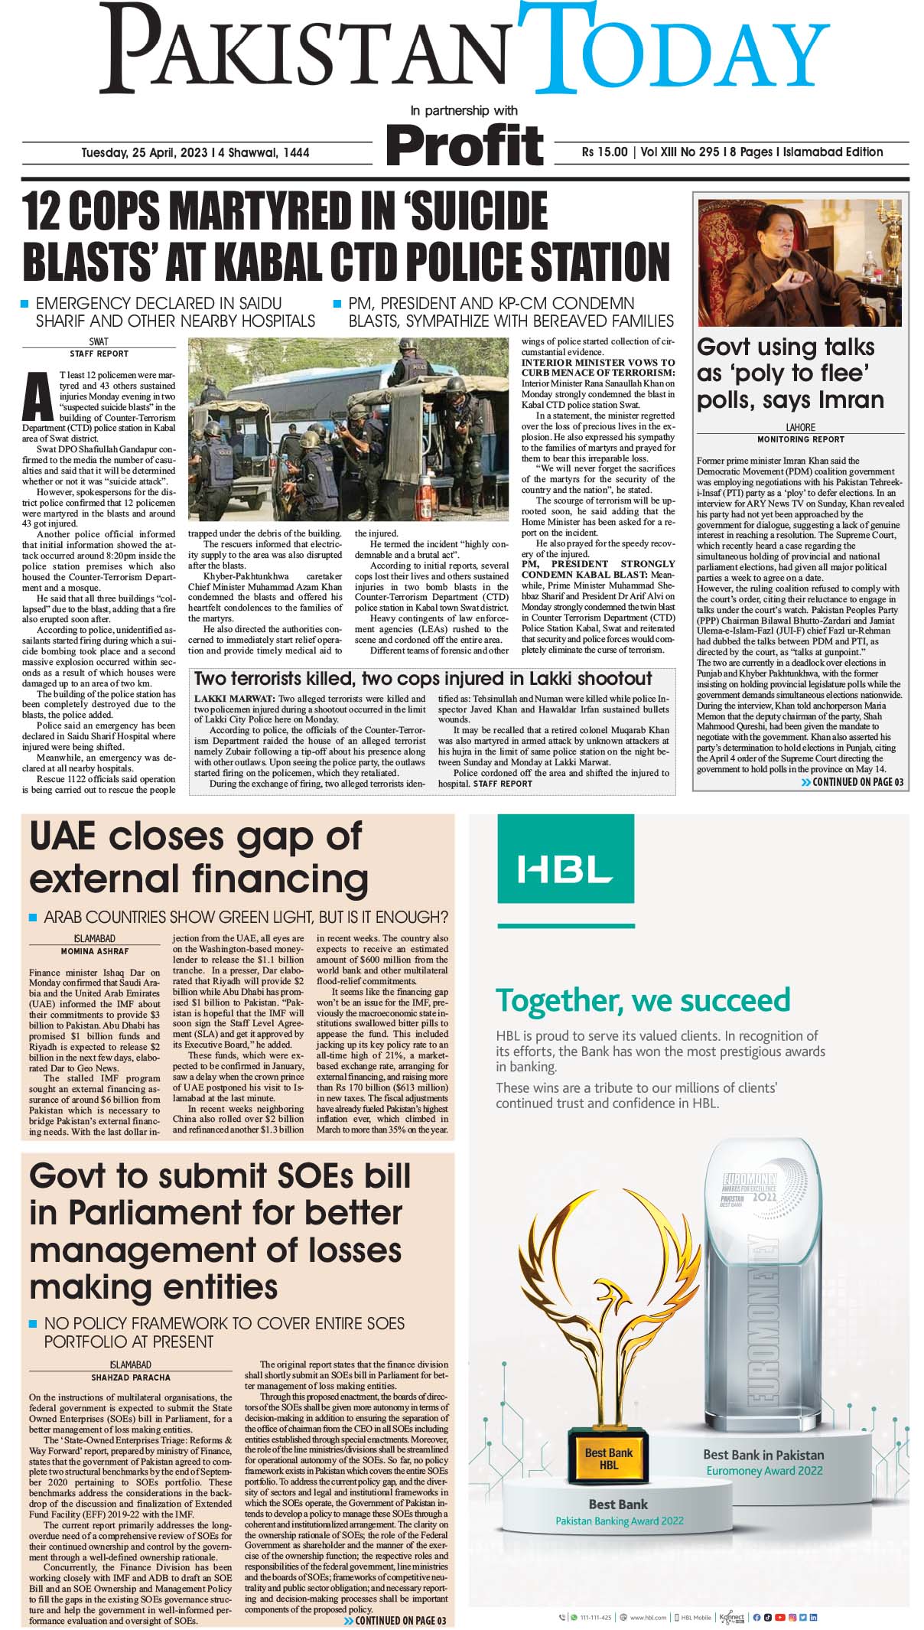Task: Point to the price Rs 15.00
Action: pos(604,152)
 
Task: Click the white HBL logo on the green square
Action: pos(565,869)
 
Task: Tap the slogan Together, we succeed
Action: pos(643,999)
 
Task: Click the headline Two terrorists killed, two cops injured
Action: pos(422,678)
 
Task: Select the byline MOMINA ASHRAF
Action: pos(95,951)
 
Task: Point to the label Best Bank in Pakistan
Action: pos(763,1455)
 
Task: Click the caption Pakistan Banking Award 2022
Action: pos(619,1521)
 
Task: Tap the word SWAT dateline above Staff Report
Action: pos(99,342)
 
